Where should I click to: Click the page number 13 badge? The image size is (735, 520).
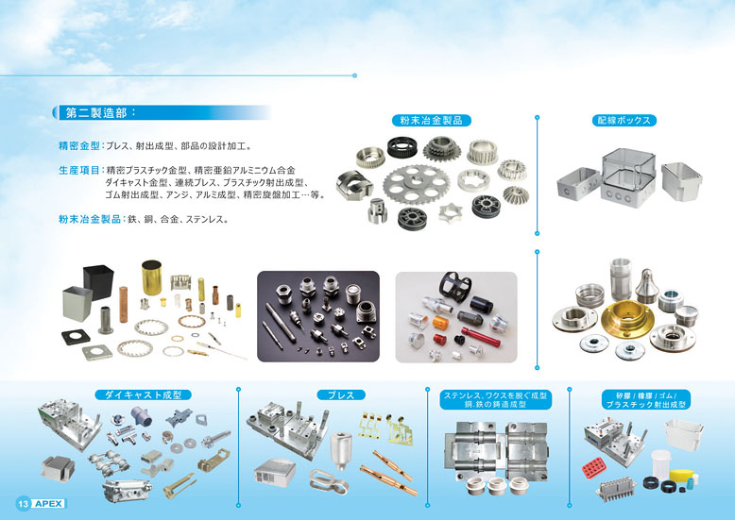23,504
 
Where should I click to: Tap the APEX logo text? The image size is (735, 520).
49,504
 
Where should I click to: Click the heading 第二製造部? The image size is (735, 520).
96,113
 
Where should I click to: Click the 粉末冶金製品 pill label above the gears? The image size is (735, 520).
431,121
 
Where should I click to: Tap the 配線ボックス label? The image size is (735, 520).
624,121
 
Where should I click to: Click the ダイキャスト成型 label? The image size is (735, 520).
143,394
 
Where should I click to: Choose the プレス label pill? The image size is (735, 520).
341,394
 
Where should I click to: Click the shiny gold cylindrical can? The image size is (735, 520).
151,277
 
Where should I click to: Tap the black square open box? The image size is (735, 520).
98,281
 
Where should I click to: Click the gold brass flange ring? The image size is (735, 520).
627,319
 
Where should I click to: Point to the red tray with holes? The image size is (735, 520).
595,468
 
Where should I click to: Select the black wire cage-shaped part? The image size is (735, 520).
455,286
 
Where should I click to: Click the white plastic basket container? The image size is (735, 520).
684,434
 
